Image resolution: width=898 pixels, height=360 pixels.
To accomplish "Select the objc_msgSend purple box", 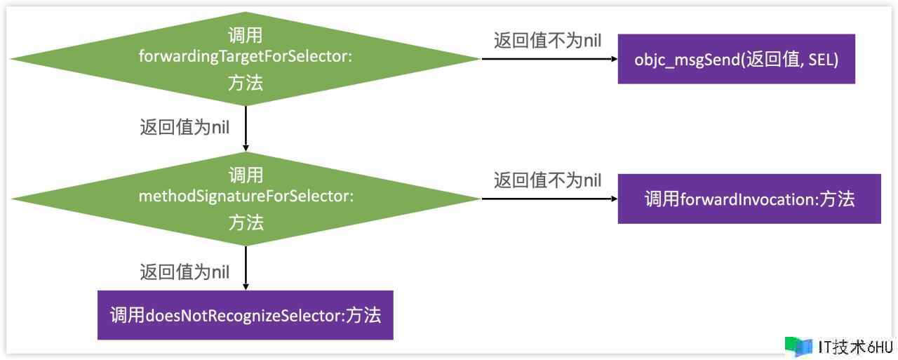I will pyautogui.click(x=736, y=59).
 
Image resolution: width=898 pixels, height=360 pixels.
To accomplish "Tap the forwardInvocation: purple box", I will pyautogui.click(x=749, y=199).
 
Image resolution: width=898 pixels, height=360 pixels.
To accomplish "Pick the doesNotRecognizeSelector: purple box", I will pyautogui.click(x=245, y=315).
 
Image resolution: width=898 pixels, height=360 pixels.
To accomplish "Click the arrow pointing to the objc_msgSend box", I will pyautogui.click(x=547, y=59).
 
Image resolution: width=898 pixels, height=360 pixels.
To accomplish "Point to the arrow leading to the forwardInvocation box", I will pyautogui.click(x=547, y=199).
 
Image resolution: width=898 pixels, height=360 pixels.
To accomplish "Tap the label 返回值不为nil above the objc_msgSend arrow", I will pyautogui.click(x=547, y=41).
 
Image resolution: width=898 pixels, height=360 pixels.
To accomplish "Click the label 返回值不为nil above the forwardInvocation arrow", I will pyautogui.click(x=547, y=180).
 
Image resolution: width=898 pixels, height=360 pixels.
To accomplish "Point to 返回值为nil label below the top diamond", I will pyautogui.click(x=185, y=128).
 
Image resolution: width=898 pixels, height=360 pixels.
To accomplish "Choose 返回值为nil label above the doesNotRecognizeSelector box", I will pyautogui.click(x=185, y=272).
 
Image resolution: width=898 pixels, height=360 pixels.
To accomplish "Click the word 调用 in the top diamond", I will pyautogui.click(x=246, y=35).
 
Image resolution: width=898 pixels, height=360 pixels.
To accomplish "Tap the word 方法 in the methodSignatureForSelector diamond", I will pyautogui.click(x=246, y=223).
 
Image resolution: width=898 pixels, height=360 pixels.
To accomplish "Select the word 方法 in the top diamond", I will pyautogui.click(x=246, y=83).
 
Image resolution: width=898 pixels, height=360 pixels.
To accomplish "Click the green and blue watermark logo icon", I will pyautogui.click(x=798, y=346).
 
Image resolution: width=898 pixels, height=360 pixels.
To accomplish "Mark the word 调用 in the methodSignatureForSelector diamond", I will pyautogui.click(x=246, y=175).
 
